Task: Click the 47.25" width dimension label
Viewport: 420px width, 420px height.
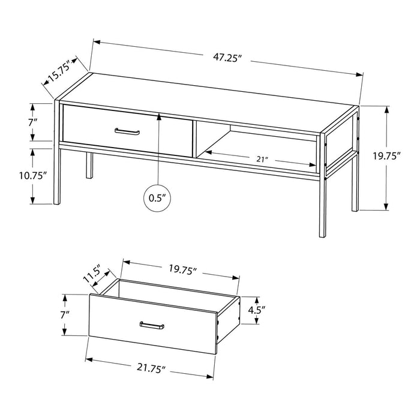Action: [227, 58]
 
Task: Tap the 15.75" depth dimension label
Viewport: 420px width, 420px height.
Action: [59, 71]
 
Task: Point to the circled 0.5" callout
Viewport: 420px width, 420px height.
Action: [157, 198]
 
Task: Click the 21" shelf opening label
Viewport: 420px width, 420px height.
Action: [262, 160]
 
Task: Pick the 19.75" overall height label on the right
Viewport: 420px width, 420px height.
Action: [387, 156]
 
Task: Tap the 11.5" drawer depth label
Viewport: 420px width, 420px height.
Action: [92, 274]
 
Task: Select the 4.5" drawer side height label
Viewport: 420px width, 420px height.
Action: [257, 310]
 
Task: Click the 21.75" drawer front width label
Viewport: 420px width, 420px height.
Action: [150, 368]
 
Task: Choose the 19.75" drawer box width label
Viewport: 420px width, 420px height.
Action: [183, 269]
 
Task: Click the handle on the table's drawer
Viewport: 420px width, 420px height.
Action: [127, 131]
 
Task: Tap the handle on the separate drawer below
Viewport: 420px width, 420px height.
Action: [152, 325]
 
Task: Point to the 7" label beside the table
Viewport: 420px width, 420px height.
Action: [32, 123]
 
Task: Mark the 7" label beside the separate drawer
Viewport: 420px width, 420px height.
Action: [65, 314]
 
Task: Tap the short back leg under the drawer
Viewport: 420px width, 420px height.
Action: [89, 165]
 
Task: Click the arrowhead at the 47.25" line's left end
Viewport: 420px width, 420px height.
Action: [97, 42]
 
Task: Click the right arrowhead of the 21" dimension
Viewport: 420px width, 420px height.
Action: [313, 165]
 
